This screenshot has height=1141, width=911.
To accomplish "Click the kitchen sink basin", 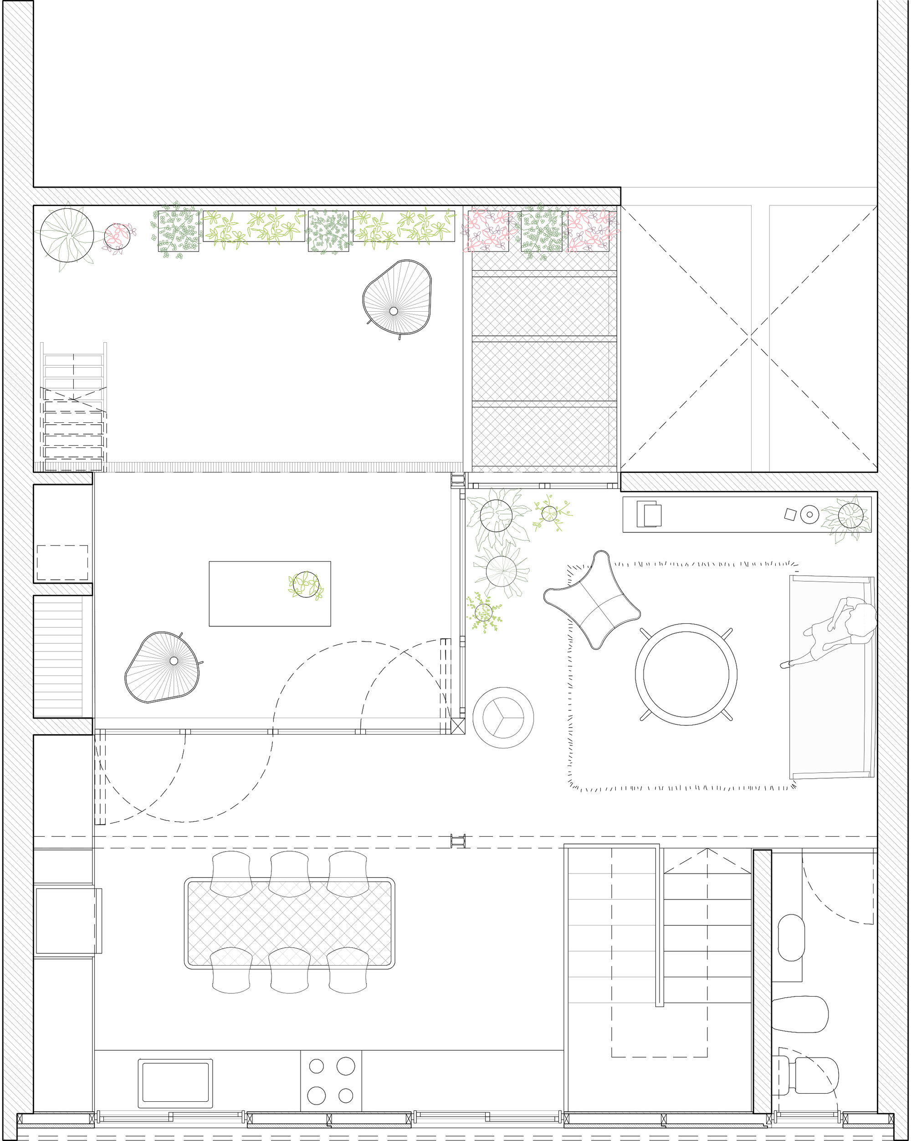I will click(175, 1083).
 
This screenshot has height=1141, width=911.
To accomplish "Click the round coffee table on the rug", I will click(686, 674).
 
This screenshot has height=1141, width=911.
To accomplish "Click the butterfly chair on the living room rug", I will click(593, 600).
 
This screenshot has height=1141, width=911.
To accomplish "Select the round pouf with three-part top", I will click(503, 718).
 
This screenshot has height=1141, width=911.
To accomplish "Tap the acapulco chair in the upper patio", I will click(398, 298).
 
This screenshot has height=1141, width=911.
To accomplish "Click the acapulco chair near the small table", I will click(163, 667).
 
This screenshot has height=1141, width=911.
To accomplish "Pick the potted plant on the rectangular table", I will click(306, 585).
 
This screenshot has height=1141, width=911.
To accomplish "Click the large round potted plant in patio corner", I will click(67, 235).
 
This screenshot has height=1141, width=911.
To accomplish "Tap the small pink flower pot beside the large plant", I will click(117, 236).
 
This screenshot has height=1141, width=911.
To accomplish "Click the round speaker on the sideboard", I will click(809, 514).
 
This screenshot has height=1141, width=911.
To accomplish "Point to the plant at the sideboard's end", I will click(850, 515).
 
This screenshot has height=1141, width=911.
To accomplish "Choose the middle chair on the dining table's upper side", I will click(289, 873).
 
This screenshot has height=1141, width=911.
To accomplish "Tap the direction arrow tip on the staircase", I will click(707, 849).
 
